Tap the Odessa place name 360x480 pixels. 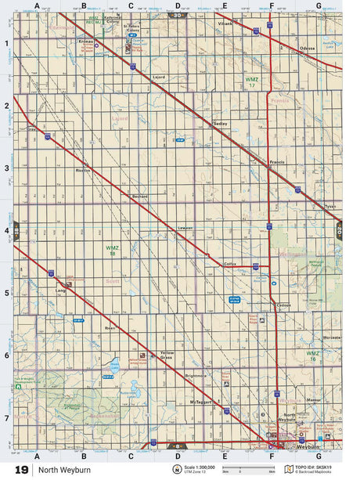coord(307,49)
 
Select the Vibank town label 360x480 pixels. coord(227,23)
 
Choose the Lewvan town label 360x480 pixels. coord(185,227)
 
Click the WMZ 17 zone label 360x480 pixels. coord(251,82)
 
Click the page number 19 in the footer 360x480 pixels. coord(21,470)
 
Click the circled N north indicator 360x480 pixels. coord(166,469)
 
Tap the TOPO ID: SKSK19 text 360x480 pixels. coord(319,467)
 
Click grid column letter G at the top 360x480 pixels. coord(318,5)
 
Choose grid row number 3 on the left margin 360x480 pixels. coord(5,168)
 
